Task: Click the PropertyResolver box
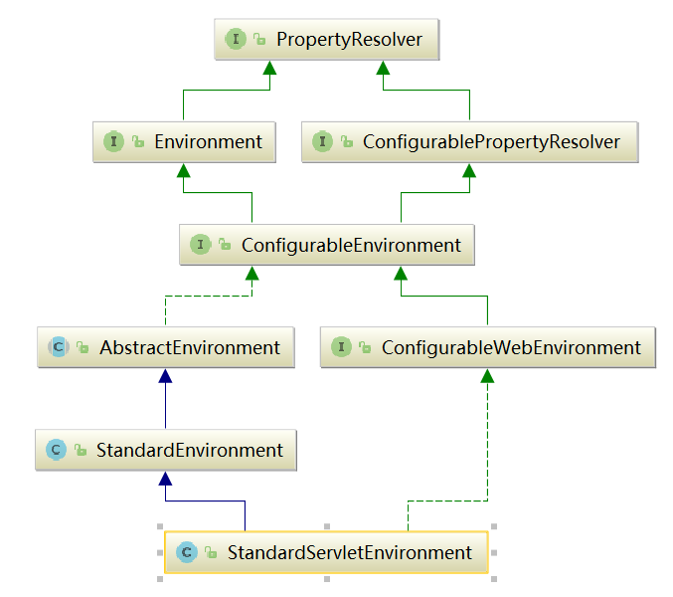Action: (326, 40)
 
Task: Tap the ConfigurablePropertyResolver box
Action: (469, 141)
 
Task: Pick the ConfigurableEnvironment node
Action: (326, 245)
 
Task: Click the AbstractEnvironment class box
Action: (165, 347)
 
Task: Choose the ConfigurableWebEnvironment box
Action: (487, 347)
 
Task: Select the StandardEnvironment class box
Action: (165, 450)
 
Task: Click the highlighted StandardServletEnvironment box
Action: (326, 552)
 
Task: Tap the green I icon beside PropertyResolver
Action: (236, 40)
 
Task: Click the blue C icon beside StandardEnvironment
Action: (56, 451)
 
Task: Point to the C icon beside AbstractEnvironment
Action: (59, 347)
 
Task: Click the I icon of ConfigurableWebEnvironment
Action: (342, 347)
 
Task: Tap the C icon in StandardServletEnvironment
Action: (186, 552)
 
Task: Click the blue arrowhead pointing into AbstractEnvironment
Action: (165, 375)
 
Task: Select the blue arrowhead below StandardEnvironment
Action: (165, 478)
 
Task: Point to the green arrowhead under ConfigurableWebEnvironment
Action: (487, 375)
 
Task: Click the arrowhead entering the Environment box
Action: (183, 169)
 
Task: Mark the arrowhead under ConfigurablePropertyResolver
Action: (469, 169)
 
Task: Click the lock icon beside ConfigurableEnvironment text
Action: (225, 245)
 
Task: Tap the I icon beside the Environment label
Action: (113, 141)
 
